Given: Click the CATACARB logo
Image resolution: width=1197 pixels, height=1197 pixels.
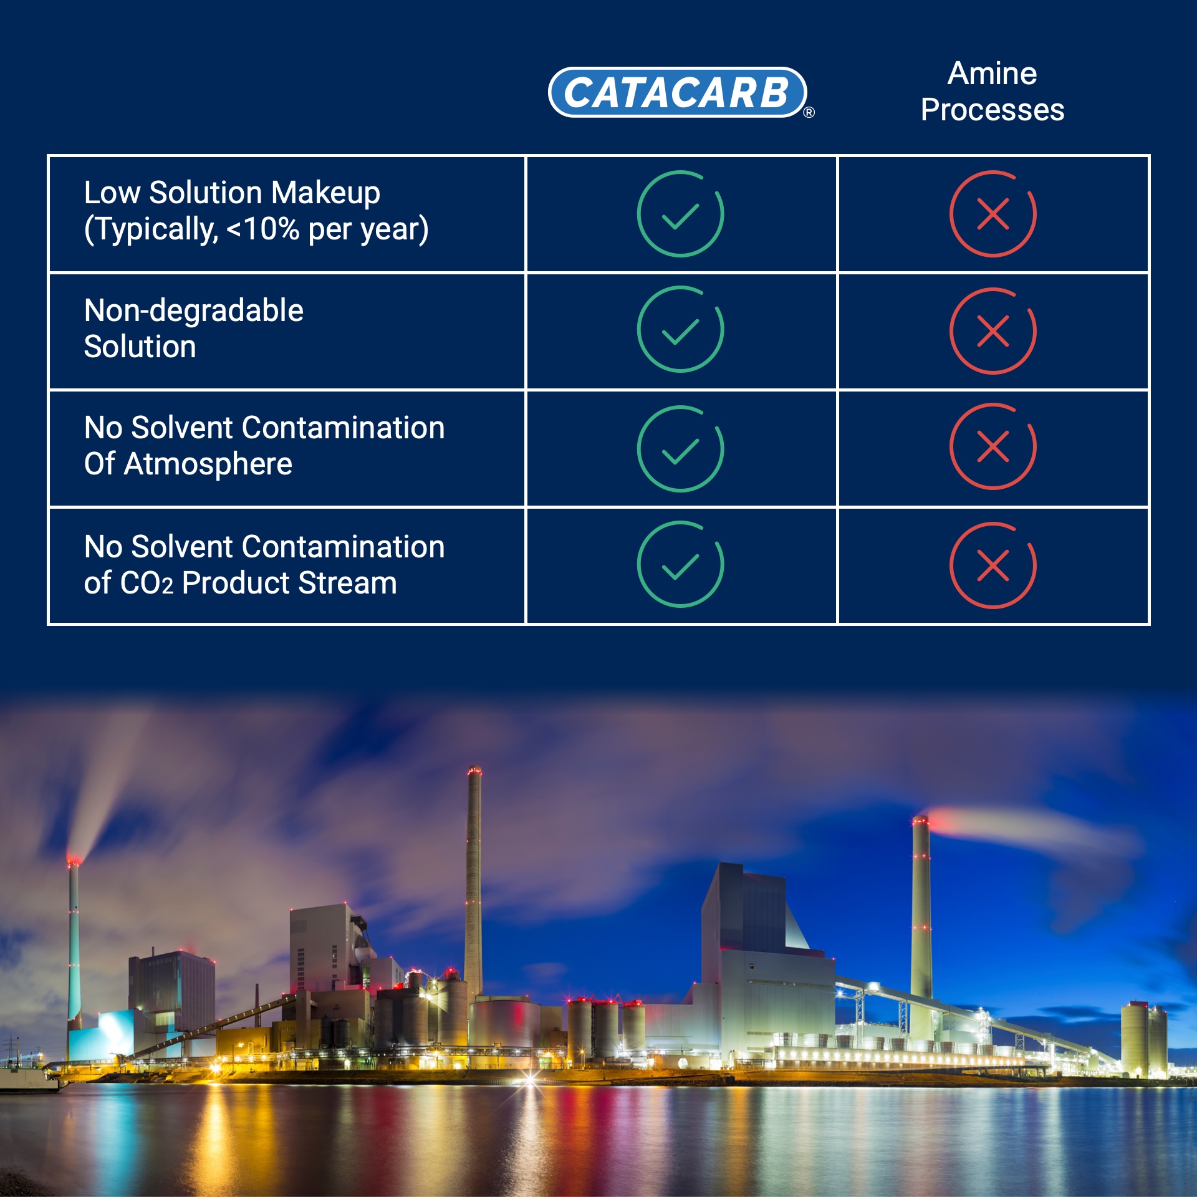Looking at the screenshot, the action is (x=678, y=92).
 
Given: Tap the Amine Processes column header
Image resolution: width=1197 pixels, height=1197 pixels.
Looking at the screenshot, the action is (x=993, y=92).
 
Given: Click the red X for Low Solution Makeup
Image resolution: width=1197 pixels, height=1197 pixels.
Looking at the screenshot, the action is (x=993, y=214).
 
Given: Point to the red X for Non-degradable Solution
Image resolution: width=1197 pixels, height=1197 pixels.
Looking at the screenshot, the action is (x=993, y=330).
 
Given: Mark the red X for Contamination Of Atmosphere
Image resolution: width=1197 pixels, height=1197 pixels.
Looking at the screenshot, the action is (x=993, y=446).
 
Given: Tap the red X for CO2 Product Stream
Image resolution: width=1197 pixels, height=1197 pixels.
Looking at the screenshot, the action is (x=993, y=565).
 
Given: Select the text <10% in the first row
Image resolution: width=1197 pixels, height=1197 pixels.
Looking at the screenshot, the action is (x=263, y=229).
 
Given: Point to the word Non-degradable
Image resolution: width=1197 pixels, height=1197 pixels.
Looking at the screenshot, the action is (x=194, y=311).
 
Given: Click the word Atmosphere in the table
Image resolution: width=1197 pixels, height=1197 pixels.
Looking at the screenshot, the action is (x=208, y=464).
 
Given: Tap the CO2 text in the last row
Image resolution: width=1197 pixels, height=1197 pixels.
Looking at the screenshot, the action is (x=147, y=584).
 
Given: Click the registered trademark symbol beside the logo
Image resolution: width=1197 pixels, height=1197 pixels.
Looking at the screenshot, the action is (x=809, y=113).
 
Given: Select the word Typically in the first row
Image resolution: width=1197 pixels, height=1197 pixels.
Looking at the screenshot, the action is (x=151, y=229).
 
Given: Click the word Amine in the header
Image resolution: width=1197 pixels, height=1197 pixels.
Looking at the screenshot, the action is (x=993, y=74).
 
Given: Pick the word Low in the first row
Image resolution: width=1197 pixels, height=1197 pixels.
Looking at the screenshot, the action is (x=112, y=193).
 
